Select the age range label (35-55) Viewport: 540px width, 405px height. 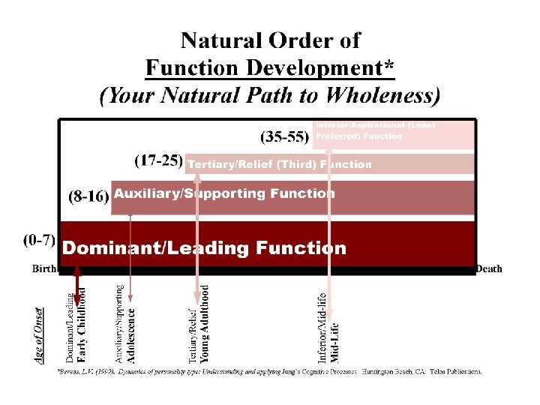[x=284, y=136]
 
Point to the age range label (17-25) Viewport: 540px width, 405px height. [x=158, y=160]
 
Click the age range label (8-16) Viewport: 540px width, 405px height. [x=89, y=196]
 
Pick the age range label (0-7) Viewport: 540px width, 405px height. [x=39, y=240]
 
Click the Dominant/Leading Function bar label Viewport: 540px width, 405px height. [x=204, y=248]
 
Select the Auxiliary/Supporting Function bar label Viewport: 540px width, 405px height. [x=224, y=193]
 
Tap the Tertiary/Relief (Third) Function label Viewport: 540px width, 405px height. [x=279, y=164]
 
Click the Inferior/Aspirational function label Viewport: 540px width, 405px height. [x=375, y=130]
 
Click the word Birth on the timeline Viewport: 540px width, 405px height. [x=44, y=268]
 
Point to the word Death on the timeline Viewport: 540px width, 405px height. [x=489, y=268]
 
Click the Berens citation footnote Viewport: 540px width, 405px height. [x=270, y=371]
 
